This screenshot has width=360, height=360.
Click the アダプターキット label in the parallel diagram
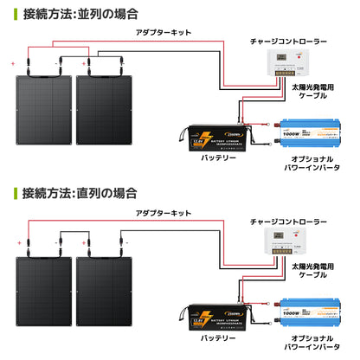click(x=162, y=31)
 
